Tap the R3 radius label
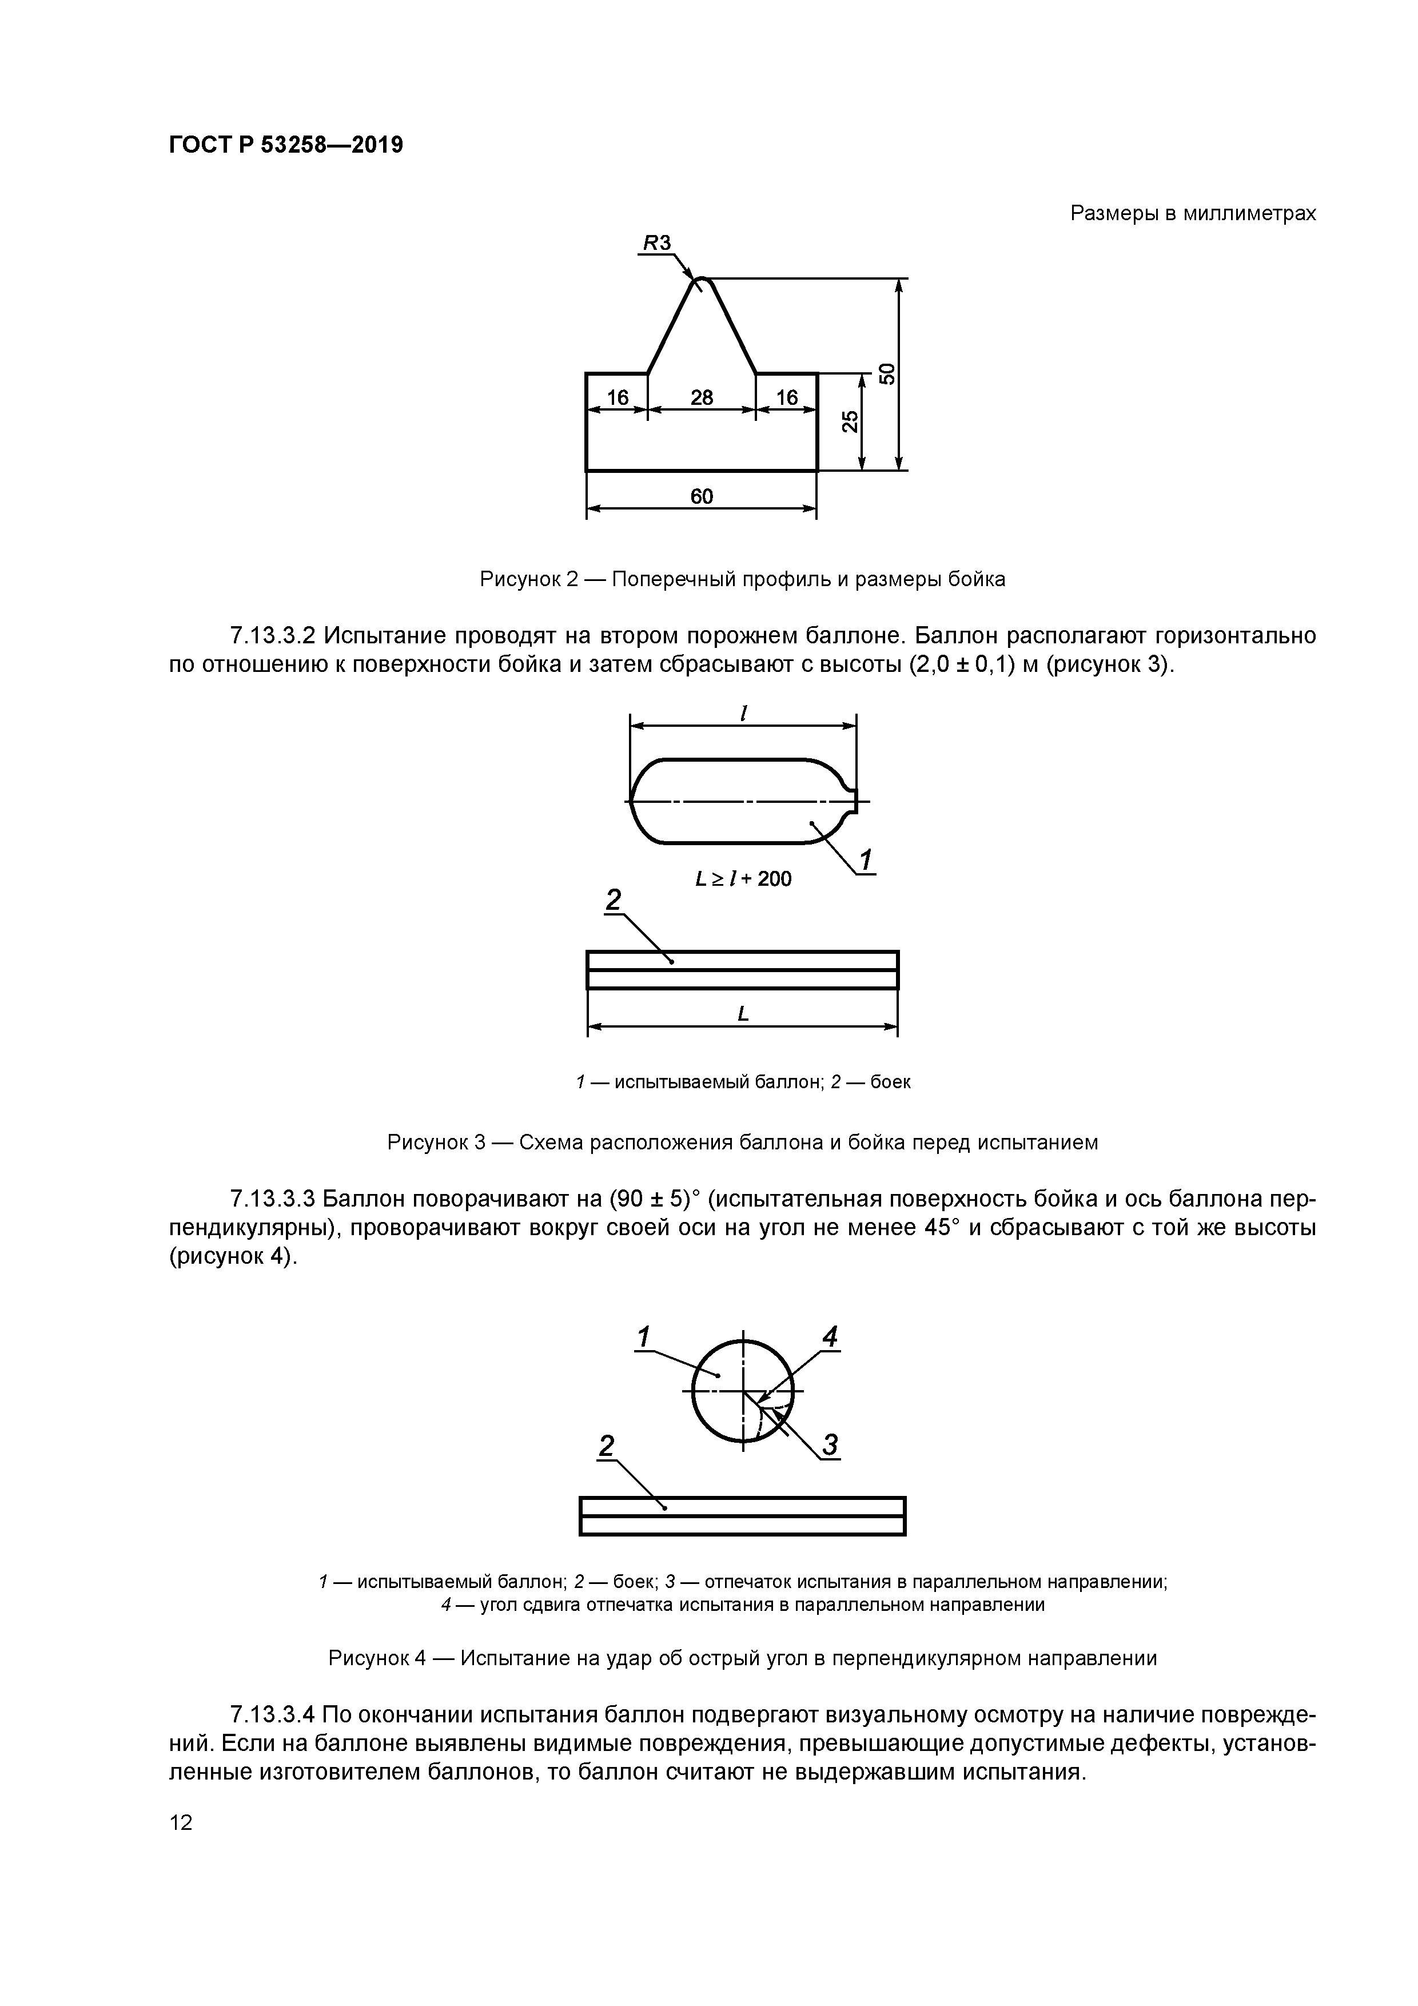point(657,244)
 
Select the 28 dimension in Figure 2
point(702,397)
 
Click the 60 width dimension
point(702,496)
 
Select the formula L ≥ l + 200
point(743,879)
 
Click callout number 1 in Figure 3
point(865,861)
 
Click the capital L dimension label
point(743,1013)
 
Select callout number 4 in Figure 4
point(830,1336)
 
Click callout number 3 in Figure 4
point(830,1446)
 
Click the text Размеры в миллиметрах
point(1193,213)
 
